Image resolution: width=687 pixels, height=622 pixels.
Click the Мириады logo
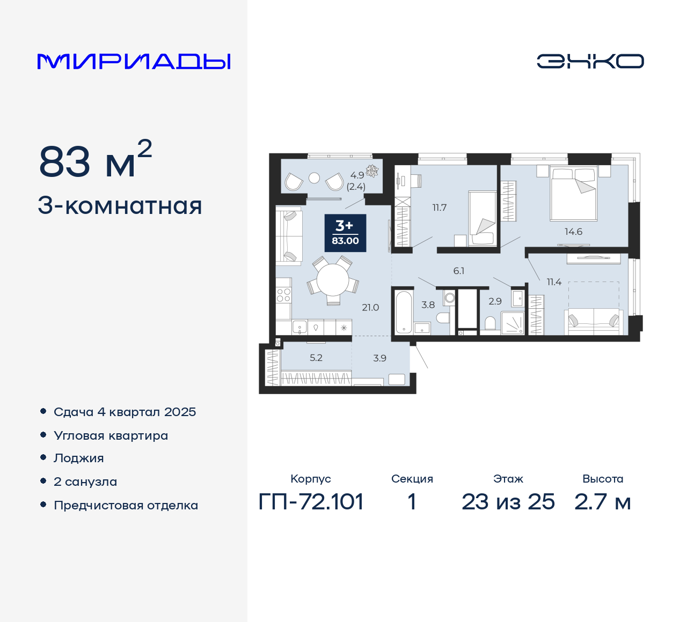pos(134,61)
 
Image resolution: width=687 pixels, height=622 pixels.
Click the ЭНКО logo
pos(590,61)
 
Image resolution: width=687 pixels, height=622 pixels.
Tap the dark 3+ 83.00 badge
pos(345,233)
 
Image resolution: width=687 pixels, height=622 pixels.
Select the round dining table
pos(333,280)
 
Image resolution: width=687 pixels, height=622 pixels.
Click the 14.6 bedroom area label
pos(573,232)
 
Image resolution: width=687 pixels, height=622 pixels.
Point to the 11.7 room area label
pos(439,208)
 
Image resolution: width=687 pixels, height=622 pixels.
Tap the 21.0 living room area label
pos(370,307)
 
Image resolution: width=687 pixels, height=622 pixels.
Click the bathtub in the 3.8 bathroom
pos(403,312)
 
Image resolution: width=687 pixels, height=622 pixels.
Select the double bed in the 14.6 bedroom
pos(573,193)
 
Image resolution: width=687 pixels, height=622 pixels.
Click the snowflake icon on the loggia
pos(372,171)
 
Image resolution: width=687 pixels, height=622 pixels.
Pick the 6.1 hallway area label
pos(458,271)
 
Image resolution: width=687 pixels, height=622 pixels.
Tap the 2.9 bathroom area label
pos(495,301)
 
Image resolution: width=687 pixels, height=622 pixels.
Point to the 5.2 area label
pos(316,358)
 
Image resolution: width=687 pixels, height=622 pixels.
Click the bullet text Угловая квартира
pos(111,435)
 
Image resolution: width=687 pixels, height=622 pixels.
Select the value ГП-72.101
pos(311,502)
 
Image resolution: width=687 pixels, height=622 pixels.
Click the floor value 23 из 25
pos(508,502)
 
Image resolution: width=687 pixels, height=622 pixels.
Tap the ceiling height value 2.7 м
pos(602,502)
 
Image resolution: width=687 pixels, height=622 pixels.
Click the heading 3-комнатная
pos(120,206)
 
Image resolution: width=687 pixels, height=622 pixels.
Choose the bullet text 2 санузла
pos(85,482)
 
